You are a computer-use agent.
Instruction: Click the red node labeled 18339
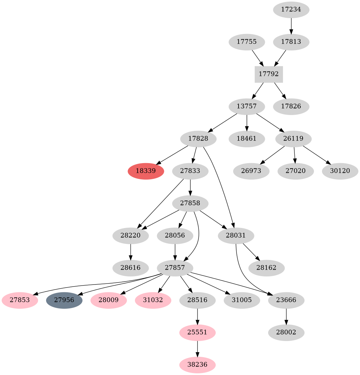[x=146, y=171]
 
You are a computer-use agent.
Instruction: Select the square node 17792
[x=268, y=74]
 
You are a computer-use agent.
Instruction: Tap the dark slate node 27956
[x=64, y=300]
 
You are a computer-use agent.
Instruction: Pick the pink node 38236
[x=197, y=365]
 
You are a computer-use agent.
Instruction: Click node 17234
[x=291, y=10]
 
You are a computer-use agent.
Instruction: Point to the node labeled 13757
[x=247, y=107]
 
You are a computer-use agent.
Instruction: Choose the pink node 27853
[x=20, y=300]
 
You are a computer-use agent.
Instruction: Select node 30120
[x=340, y=171]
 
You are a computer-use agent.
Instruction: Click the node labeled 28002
[x=286, y=332]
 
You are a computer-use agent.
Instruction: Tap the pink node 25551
[x=197, y=332]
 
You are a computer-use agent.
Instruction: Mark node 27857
[x=175, y=268]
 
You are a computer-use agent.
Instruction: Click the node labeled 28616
[x=131, y=268]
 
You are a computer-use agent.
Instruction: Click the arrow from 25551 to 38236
[x=197, y=348]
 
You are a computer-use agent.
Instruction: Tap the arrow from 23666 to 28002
[x=286, y=316]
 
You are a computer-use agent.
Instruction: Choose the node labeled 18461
[x=247, y=139]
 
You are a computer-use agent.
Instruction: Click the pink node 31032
[x=153, y=300]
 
